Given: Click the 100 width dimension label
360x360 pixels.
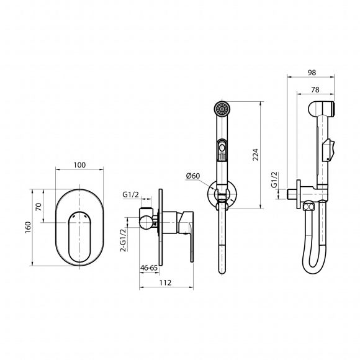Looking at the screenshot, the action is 79,165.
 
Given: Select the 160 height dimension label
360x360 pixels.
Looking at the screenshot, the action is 28,227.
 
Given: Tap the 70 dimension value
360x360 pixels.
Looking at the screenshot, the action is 39,207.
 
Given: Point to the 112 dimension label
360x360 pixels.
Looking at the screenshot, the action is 165,282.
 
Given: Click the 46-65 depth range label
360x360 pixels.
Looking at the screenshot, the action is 149,268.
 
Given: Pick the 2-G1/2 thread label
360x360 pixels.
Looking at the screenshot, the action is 124,240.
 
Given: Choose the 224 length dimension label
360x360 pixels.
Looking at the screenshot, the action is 256,155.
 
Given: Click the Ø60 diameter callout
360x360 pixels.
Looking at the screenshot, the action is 193,176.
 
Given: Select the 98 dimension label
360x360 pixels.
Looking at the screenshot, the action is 312,73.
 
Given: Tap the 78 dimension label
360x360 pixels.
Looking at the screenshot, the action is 315,90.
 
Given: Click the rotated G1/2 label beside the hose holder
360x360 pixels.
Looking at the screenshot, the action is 274,179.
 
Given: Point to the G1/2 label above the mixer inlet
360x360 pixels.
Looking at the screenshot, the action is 130,194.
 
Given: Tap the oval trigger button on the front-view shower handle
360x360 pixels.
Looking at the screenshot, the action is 222,148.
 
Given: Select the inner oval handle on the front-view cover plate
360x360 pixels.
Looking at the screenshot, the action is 79,236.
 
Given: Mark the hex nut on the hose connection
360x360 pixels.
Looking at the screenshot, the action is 308,207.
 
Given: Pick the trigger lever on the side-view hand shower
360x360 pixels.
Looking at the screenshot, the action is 328,150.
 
